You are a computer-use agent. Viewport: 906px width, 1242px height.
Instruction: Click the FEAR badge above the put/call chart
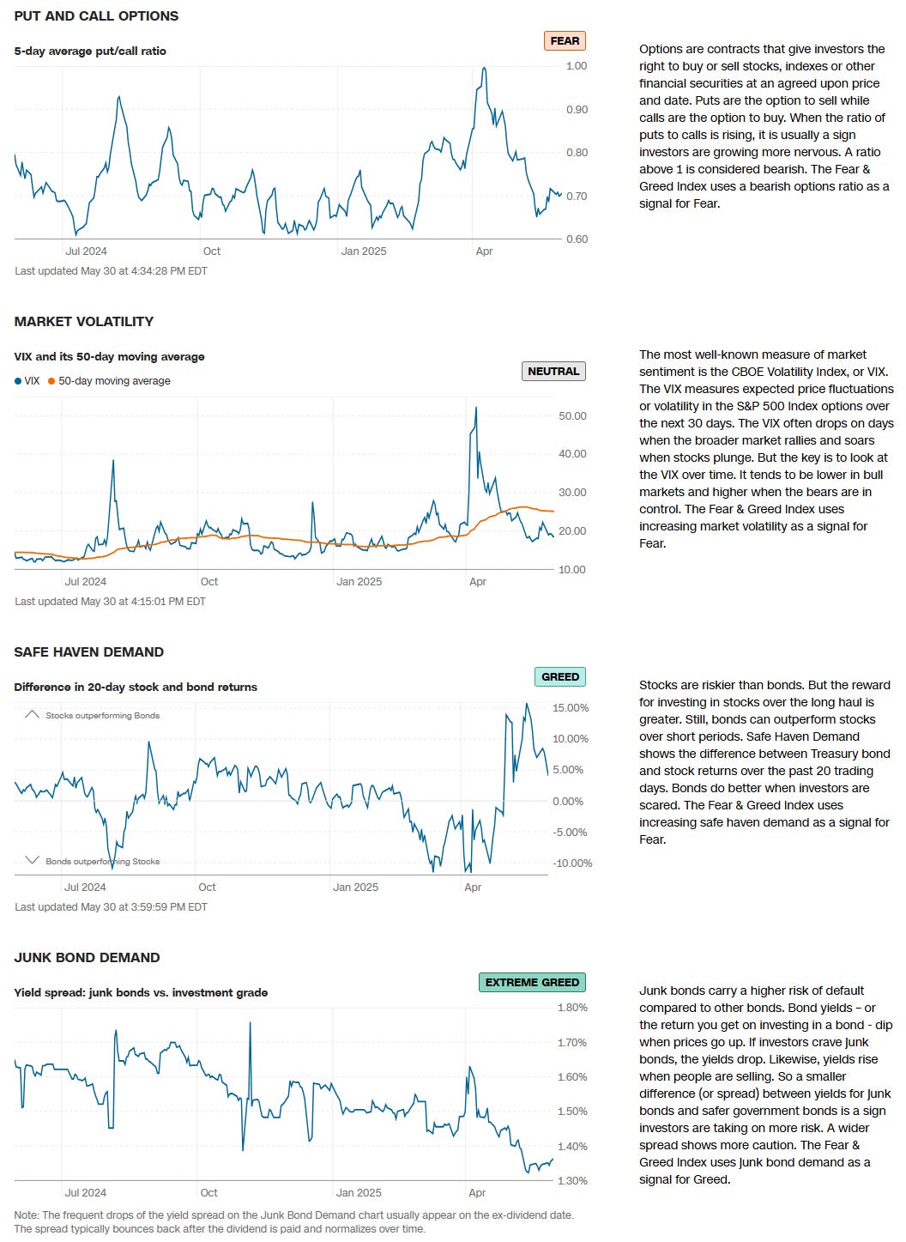pos(565,40)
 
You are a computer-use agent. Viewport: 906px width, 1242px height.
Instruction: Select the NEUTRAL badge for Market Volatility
pos(553,371)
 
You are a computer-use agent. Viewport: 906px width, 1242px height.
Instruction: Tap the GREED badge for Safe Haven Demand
pos(560,676)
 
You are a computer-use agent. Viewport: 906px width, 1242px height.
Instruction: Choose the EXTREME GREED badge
pos(532,982)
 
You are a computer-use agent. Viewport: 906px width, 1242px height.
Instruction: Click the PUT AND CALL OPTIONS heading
pos(96,15)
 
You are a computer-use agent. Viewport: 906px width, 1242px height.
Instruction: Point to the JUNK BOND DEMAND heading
pos(87,957)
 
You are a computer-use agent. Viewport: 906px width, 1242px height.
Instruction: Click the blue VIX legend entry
pos(27,380)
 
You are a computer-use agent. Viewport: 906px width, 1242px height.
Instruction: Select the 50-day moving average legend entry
pos(109,380)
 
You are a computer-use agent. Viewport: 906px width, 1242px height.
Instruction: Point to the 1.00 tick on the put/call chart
pos(577,66)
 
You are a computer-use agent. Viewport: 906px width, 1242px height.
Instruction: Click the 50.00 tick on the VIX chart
pos(572,415)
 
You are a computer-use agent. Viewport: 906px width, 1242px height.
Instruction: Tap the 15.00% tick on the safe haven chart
pos(571,708)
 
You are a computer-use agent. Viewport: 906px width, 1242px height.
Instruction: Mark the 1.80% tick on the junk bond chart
pos(572,1008)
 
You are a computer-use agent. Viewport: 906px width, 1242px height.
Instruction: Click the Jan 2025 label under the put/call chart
pos(363,251)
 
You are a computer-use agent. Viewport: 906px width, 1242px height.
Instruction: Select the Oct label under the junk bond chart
pos(208,1192)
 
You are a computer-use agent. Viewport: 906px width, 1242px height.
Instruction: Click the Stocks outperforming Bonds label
pos(102,715)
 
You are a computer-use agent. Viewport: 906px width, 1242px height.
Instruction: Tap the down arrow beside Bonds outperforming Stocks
pos(32,860)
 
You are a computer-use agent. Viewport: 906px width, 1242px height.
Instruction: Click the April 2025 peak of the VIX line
pos(476,408)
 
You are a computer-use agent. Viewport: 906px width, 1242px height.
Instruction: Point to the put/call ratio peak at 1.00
pos(485,68)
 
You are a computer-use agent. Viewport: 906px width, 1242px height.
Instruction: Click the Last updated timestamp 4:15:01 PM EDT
pos(110,601)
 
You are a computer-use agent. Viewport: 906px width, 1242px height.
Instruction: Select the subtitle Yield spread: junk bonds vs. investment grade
pos(141,992)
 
